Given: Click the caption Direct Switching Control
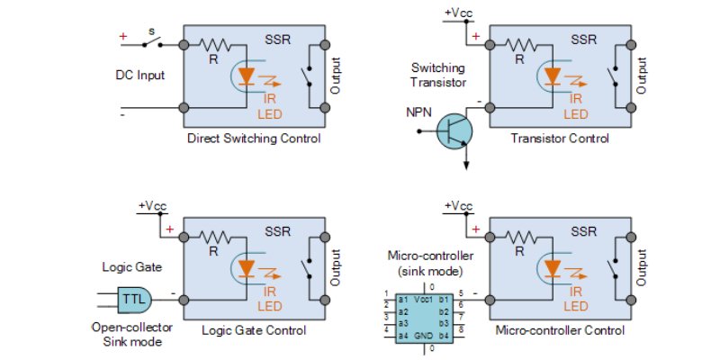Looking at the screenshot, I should pyautogui.click(x=253, y=139).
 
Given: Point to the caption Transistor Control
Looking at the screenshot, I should pyautogui.click(x=559, y=139).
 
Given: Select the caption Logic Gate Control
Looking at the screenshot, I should pyautogui.click(x=253, y=330).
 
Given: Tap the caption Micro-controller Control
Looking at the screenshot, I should pyautogui.click(x=559, y=330).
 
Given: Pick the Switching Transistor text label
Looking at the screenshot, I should pyautogui.click(x=438, y=75).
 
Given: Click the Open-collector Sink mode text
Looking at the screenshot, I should pyautogui.click(x=130, y=334).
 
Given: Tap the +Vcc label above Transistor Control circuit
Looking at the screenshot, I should pyautogui.click(x=458, y=13).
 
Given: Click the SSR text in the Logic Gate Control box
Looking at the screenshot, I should pyautogui.click(x=278, y=231).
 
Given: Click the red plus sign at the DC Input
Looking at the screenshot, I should pyautogui.click(x=123, y=37).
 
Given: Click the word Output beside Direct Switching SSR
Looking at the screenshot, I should pyautogui.click(x=337, y=76).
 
